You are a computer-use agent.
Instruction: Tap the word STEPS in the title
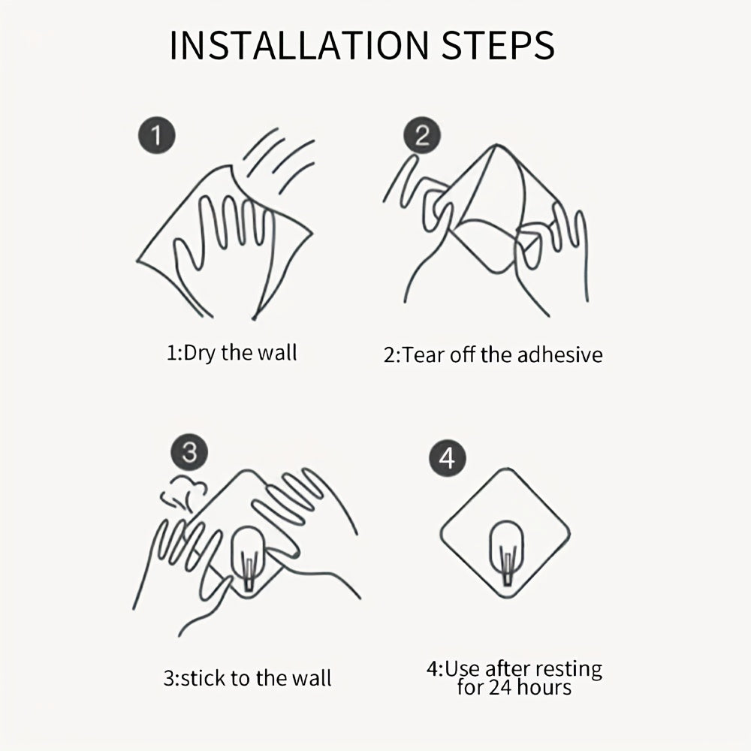pyautogui.click(x=498, y=46)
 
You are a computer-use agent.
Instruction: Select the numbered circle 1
pyautogui.click(x=157, y=135)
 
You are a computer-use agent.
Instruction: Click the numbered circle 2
pyautogui.click(x=422, y=135)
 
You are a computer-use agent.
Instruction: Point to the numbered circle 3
pyautogui.click(x=189, y=452)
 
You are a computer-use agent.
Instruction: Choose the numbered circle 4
pyautogui.click(x=448, y=458)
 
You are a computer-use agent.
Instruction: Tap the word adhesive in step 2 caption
pyautogui.click(x=559, y=355)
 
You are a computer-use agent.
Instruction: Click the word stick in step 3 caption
pyautogui.click(x=201, y=678)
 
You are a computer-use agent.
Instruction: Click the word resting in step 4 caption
pyautogui.click(x=569, y=669)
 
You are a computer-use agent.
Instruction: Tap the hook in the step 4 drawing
pyautogui.click(x=506, y=553)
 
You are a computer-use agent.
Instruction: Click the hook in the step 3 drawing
pyautogui.click(x=248, y=559)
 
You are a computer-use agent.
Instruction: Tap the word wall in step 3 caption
pyautogui.click(x=312, y=678)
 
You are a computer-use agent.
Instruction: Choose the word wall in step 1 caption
pyautogui.click(x=277, y=353)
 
